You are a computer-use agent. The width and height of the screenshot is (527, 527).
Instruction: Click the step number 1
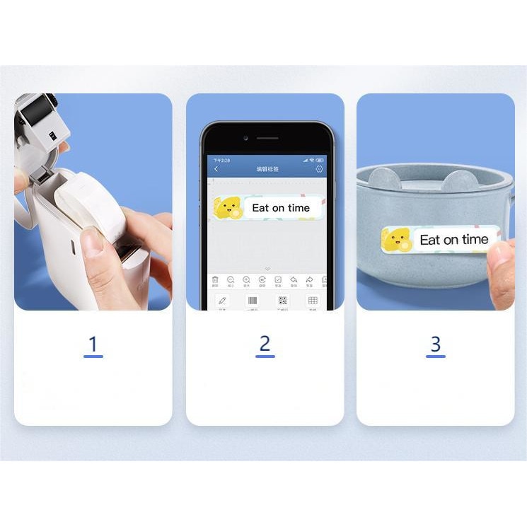pyautogui.click(x=93, y=344)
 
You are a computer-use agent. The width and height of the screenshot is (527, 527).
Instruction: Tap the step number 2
pyautogui.click(x=265, y=344)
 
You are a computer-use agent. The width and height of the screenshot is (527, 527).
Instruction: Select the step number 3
pyautogui.click(x=435, y=344)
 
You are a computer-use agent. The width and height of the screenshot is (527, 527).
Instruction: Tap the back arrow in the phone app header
pyautogui.click(x=216, y=169)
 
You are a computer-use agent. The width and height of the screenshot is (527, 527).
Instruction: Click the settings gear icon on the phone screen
pyautogui.click(x=319, y=169)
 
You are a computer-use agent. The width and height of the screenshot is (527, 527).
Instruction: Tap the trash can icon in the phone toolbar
pyautogui.click(x=215, y=280)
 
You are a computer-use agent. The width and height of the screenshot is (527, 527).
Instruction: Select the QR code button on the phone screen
pyautogui.click(x=282, y=301)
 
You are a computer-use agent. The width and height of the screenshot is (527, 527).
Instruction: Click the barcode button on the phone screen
pyautogui.click(x=252, y=301)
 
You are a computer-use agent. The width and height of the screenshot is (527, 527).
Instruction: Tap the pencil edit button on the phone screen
pyautogui.click(x=223, y=301)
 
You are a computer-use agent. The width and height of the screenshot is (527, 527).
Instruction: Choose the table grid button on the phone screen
pyautogui.click(x=313, y=301)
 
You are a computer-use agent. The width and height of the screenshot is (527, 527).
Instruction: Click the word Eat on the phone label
pyautogui.click(x=260, y=208)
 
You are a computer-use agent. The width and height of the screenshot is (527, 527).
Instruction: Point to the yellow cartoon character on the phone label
pyautogui.click(x=228, y=207)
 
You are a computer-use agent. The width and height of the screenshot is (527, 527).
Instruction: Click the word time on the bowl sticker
pyautogui.click(x=475, y=240)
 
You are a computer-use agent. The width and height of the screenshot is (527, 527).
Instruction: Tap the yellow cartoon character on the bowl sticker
pyautogui.click(x=397, y=240)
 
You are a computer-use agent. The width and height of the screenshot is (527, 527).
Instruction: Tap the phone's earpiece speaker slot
pyautogui.click(x=267, y=138)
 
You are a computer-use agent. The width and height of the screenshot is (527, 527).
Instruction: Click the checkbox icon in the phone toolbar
pyautogui.click(x=278, y=280)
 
